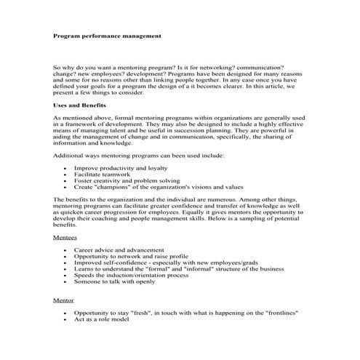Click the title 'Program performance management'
(107, 35)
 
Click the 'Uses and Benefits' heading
(79, 105)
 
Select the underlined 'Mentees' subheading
(66, 237)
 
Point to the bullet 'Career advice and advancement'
(119, 250)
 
